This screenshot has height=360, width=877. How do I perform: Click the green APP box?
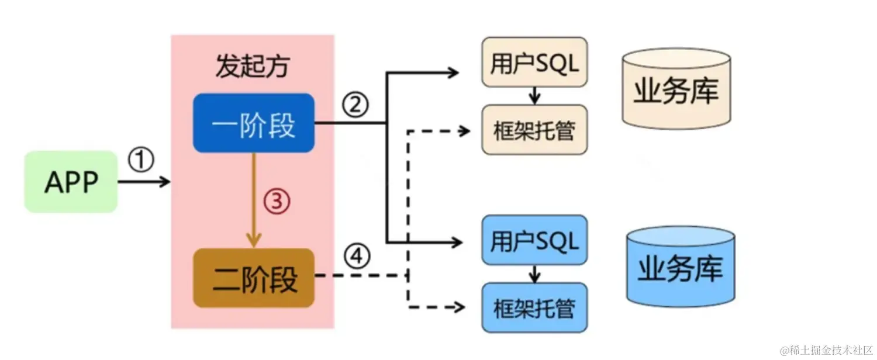[71, 182]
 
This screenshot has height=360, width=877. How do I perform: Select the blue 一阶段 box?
[254, 123]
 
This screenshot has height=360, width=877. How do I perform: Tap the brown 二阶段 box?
[254, 278]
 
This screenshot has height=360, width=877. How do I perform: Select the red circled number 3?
[277, 202]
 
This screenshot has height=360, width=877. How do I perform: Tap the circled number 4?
[357, 255]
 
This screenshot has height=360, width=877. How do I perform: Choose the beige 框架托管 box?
[534, 130]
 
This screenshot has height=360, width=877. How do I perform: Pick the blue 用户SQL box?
[534, 241]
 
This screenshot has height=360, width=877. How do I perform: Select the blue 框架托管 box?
[534, 307]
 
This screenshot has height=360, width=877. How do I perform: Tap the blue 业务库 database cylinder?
[680, 268]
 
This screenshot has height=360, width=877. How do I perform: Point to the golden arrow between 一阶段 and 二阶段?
[253, 199]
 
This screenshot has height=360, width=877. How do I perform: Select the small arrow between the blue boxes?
[534, 274]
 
